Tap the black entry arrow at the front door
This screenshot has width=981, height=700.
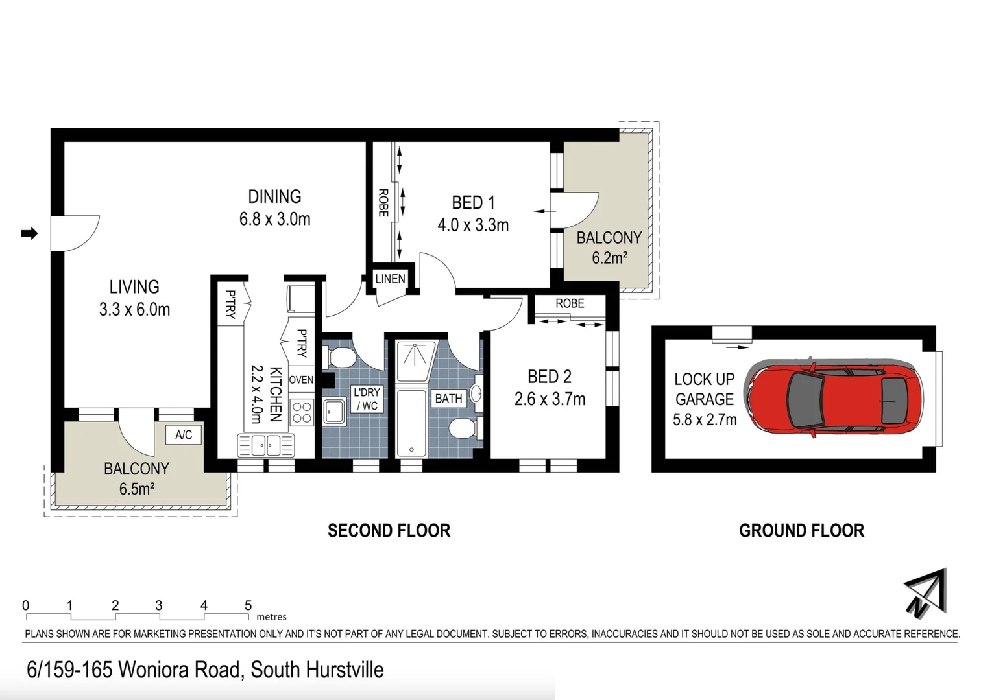[29, 233]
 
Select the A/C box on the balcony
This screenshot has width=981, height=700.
[184, 435]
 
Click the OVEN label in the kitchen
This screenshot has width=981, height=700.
[301, 380]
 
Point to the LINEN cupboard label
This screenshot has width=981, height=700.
[390, 279]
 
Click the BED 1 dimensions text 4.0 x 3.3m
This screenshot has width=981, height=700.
[473, 226]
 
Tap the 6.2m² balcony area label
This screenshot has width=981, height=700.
[609, 258]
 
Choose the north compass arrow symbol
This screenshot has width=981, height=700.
[926, 593]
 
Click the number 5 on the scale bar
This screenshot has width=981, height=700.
[248, 605]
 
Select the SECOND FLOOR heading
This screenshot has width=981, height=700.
[389, 531]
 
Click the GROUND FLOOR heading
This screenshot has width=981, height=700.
[801, 531]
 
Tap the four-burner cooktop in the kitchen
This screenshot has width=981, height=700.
[302, 412]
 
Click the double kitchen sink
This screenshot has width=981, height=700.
[266, 445]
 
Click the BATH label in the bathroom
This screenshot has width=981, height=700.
[448, 399]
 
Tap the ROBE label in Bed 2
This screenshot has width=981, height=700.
[570, 303]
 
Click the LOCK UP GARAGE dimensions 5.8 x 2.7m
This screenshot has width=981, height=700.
[705, 420]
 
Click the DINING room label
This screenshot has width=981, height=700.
[274, 196]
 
